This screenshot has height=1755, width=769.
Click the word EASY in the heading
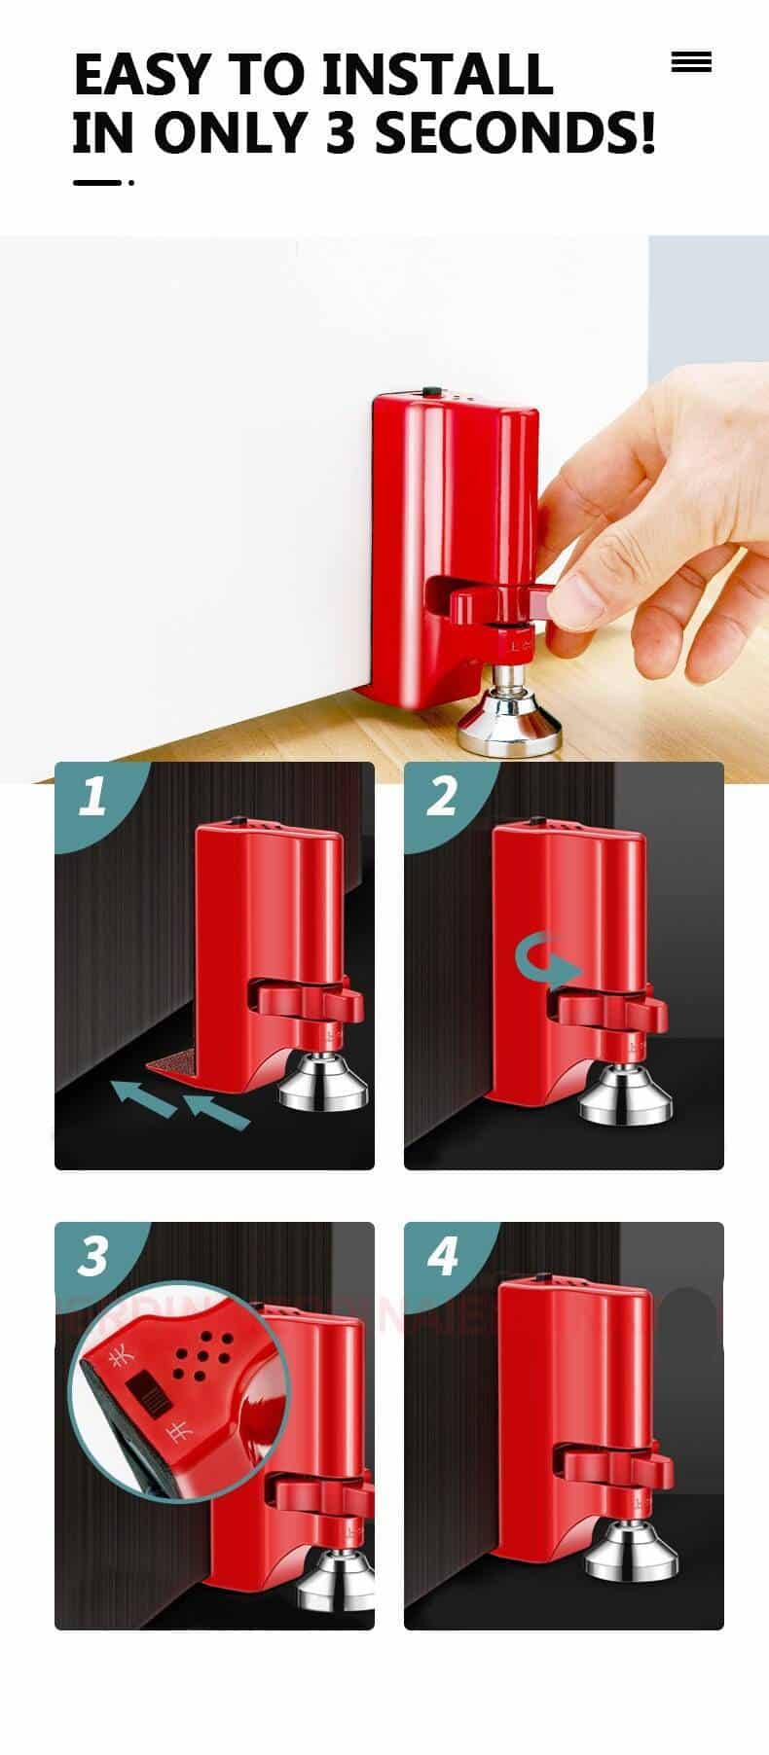pyautogui.click(x=141, y=75)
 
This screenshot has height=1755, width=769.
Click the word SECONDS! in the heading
pyautogui.click(x=515, y=133)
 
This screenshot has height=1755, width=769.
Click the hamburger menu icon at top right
pyautogui.click(x=691, y=63)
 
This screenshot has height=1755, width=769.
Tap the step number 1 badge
pyautogui.click(x=92, y=797)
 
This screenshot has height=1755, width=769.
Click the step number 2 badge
pyautogui.click(x=441, y=797)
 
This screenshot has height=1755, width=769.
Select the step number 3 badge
pyautogui.click(x=92, y=1256)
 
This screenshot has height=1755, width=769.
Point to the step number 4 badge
pyautogui.click(x=442, y=1256)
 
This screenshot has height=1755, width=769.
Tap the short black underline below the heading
pyautogui.click(x=97, y=182)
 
